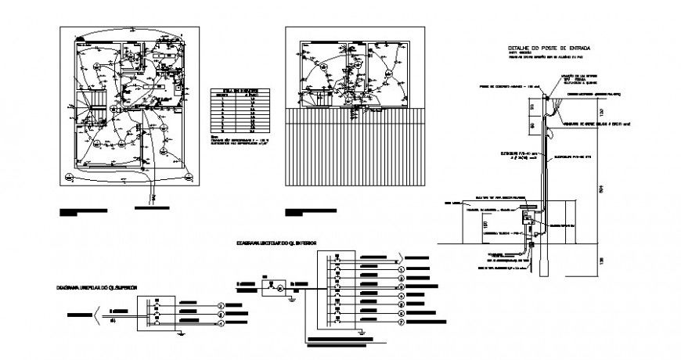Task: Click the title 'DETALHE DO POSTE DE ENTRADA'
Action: point(548,49)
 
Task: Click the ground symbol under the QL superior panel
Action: point(179,332)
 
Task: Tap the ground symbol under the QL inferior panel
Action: point(362,332)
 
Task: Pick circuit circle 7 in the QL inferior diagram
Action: point(401,322)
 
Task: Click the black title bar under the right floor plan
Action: point(312,211)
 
